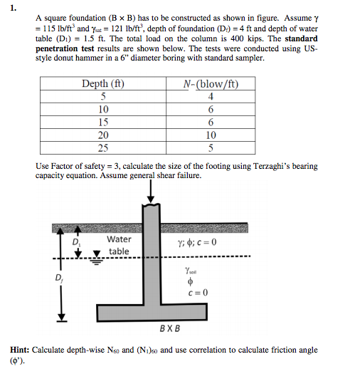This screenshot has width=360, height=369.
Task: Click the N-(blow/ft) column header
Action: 209,85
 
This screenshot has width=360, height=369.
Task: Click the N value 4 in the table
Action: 211,98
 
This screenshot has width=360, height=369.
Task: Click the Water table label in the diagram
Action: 118,246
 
